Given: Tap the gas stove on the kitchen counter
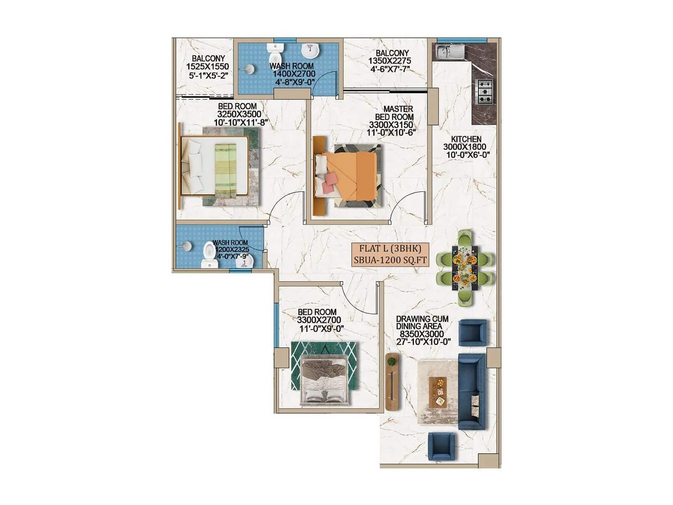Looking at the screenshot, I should pos(484,91).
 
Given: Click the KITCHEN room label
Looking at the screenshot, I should pos(466,139).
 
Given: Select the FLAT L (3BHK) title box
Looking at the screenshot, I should pos(390,254).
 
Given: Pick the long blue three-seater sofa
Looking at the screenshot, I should pos(472,391).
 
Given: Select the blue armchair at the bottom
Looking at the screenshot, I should pos(441,446).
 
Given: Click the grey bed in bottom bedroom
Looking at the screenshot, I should pos(324,380).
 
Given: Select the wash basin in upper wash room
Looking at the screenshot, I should pos(310,51).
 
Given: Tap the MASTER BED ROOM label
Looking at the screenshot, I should pos(394,113).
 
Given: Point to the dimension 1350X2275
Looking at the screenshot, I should pos(389,61).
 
